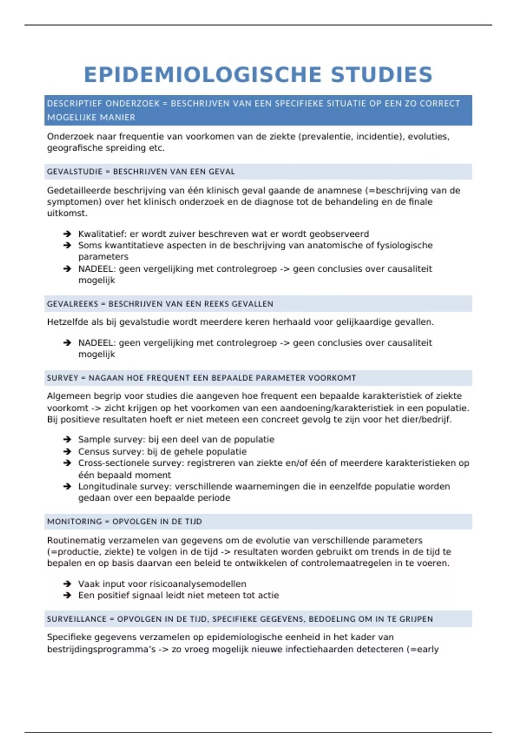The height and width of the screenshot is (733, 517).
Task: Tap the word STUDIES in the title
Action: [x=381, y=75]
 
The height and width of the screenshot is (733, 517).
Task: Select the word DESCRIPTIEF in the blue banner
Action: [x=74, y=103]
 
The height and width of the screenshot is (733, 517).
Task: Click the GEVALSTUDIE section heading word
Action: [x=74, y=172]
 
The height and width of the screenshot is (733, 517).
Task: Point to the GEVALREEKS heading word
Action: [x=72, y=304]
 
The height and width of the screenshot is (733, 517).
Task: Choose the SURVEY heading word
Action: [x=62, y=378]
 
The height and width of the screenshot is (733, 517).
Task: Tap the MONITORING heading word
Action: [x=74, y=522]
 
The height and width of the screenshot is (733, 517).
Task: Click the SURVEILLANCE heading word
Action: [x=77, y=619]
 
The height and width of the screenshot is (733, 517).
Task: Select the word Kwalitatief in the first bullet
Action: [x=102, y=234]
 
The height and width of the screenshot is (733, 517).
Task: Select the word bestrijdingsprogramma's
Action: [x=101, y=649]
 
